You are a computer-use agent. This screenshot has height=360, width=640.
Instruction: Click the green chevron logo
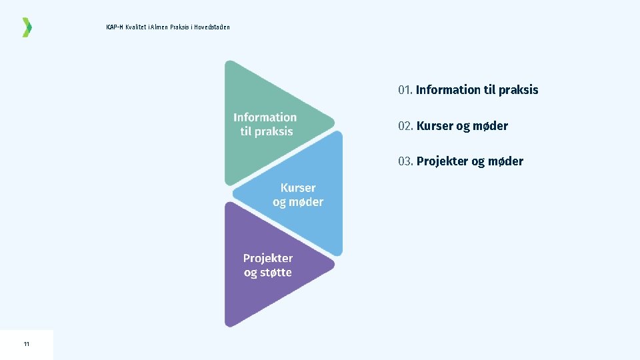click(27, 27)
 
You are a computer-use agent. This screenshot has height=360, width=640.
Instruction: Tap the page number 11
click(26, 344)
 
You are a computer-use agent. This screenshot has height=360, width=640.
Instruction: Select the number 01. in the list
click(405, 90)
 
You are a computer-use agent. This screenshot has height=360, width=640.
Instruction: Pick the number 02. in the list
click(405, 126)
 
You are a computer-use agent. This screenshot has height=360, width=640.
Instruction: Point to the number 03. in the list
click(405, 161)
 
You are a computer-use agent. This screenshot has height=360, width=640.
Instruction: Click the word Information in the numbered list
click(449, 90)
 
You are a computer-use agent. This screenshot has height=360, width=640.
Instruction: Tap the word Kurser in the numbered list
click(435, 126)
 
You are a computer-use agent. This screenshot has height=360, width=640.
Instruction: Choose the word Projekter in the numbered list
click(443, 161)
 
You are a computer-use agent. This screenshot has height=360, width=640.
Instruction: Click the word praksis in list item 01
click(518, 90)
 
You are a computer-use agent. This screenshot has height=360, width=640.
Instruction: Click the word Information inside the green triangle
click(265, 117)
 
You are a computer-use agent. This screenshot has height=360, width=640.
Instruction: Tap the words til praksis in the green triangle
click(266, 131)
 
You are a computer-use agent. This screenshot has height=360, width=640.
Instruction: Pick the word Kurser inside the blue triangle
click(298, 188)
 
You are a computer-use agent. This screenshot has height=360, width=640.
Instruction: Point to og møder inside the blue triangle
click(298, 202)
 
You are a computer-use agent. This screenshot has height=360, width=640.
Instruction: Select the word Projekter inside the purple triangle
click(267, 258)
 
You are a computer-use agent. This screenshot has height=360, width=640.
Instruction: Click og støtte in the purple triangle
click(267, 273)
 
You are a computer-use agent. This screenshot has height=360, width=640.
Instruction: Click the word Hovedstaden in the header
click(213, 27)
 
